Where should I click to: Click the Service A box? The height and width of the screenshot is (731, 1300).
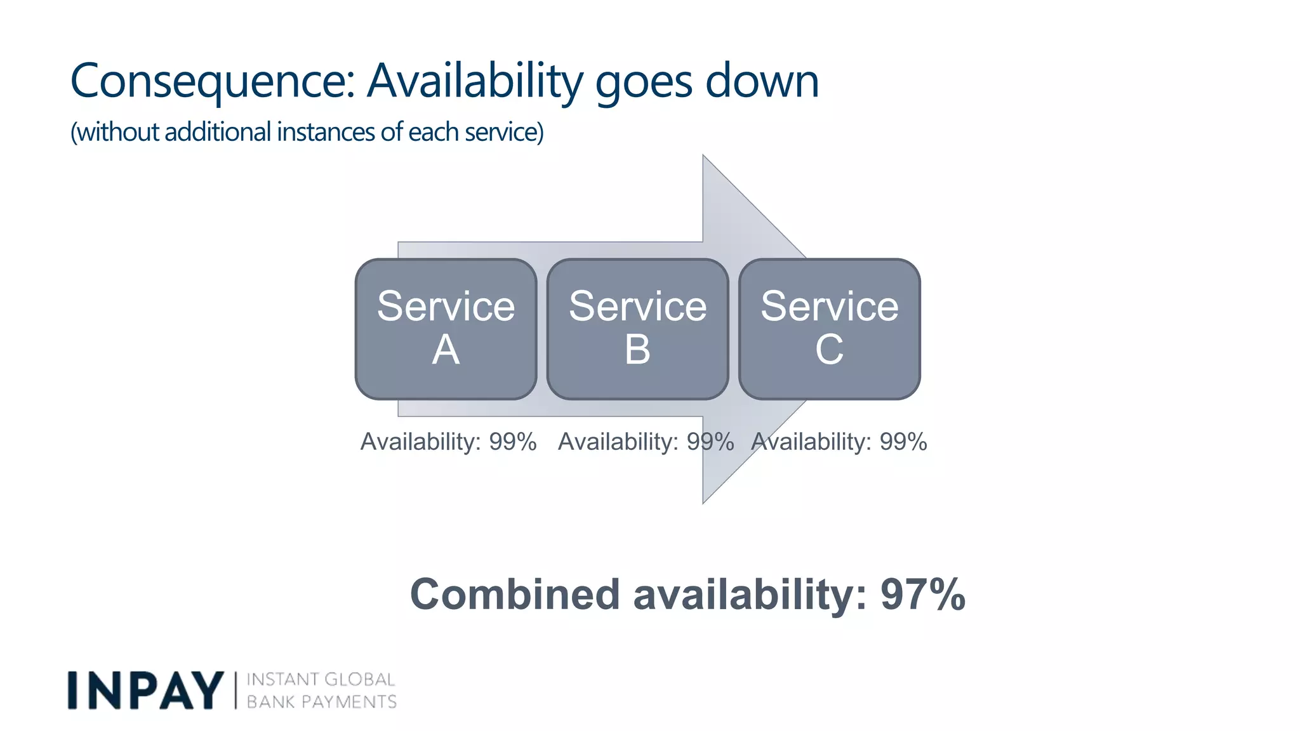(446, 329)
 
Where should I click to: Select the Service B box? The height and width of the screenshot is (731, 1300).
(637, 329)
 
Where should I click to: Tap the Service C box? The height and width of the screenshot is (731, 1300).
(829, 329)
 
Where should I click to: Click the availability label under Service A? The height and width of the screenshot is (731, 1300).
(448, 442)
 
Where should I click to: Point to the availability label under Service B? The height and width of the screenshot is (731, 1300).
(646, 442)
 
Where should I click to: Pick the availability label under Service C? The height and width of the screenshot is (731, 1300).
(839, 442)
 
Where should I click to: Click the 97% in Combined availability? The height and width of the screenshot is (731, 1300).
(922, 595)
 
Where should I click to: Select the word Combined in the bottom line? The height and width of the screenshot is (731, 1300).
(514, 595)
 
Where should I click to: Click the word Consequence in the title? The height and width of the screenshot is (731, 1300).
(213, 81)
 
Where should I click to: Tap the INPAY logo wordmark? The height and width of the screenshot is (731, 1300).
(145, 690)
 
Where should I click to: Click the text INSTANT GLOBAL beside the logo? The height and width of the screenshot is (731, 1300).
(321, 680)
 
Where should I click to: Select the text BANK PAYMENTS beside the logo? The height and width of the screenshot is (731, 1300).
(321, 702)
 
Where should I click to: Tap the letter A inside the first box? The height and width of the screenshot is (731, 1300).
(446, 350)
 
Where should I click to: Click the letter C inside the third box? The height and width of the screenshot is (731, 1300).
(829, 350)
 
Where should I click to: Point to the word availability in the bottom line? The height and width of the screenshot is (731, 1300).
(750, 595)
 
